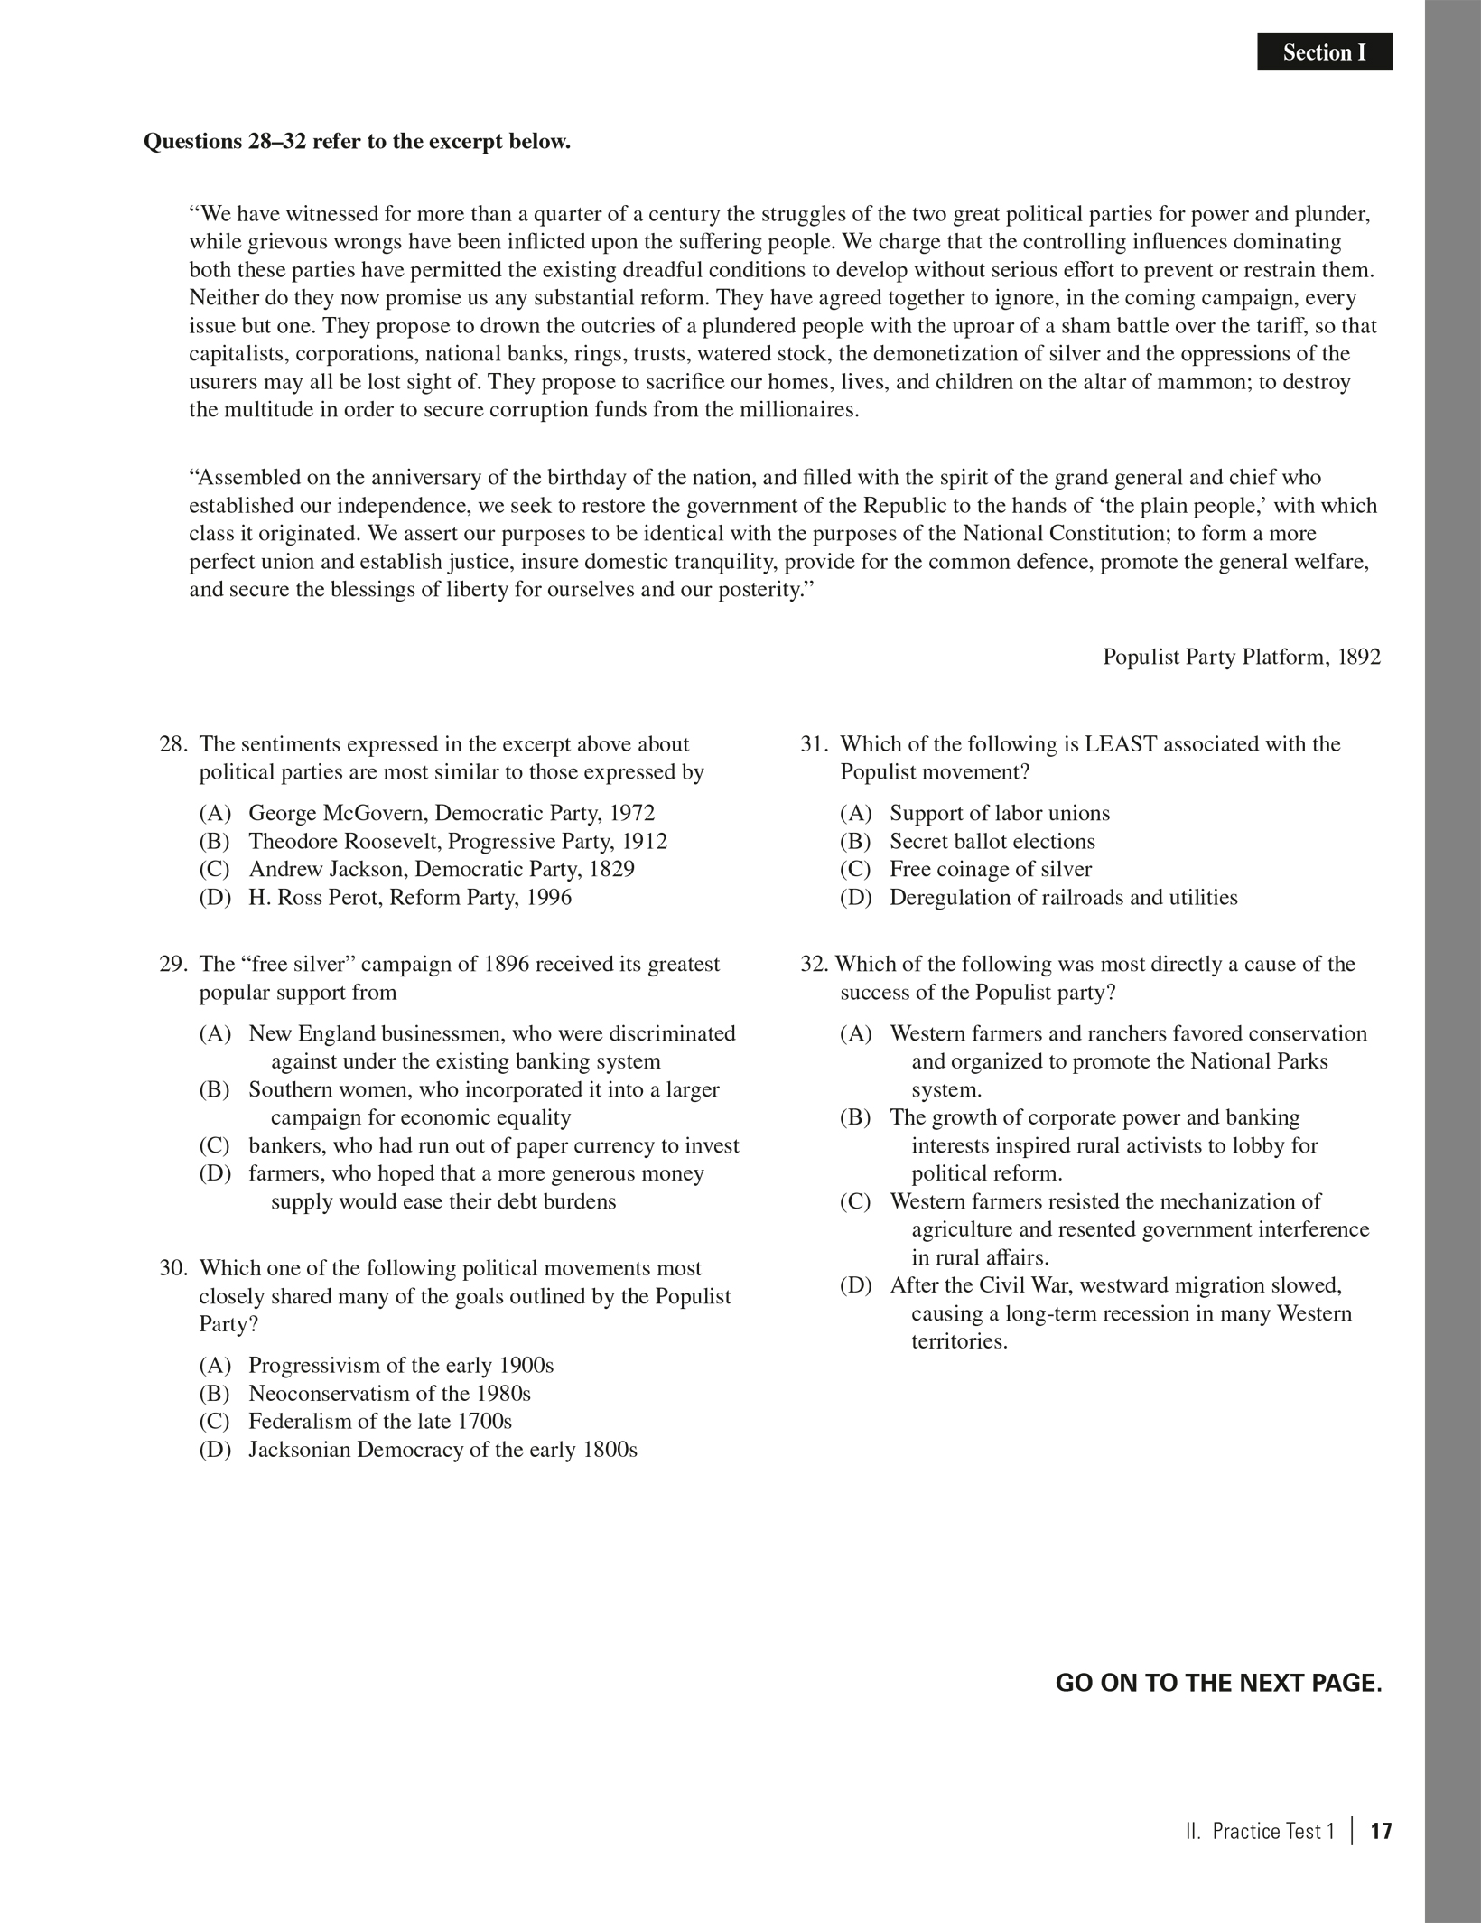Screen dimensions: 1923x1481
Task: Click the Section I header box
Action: point(1324,52)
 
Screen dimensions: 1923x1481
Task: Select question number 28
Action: point(172,744)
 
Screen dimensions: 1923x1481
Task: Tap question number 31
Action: point(814,744)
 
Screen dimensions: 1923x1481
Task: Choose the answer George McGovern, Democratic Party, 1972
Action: point(452,813)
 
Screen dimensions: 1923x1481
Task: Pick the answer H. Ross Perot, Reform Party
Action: point(410,897)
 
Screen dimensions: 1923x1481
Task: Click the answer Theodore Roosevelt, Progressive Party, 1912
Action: point(458,841)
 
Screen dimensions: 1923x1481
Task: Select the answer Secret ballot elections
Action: point(992,841)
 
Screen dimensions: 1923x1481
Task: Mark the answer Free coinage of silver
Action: point(991,869)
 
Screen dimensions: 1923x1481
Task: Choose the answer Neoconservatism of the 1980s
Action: point(389,1393)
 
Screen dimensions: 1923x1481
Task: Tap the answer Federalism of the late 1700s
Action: point(380,1421)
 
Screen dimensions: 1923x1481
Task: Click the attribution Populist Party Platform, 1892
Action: point(1241,657)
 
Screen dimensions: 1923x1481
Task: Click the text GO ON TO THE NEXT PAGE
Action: point(1218,1683)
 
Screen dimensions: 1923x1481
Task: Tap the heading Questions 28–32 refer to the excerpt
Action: point(357,142)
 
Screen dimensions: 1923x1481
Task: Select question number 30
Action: point(172,1268)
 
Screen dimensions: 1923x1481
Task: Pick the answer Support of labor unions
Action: point(1000,813)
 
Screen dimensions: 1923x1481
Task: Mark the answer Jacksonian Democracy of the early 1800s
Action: point(442,1449)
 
